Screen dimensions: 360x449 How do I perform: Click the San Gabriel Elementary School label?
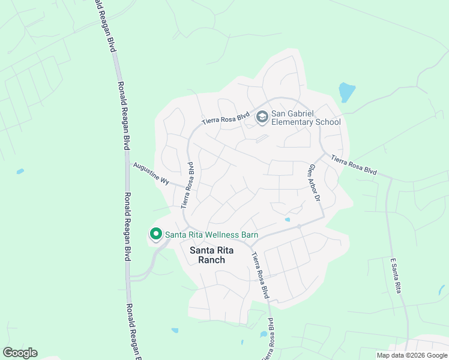pyautogui.click(x=306, y=118)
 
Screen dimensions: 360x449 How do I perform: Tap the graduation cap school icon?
pyautogui.click(x=262, y=117)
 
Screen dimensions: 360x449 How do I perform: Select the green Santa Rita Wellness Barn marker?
pyautogui.click(x=156, y=234)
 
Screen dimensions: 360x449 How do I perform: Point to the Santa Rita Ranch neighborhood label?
pyautogui.click(x=207, y=255)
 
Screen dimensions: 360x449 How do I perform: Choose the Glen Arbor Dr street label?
pyautogui.click(x=315, y=182)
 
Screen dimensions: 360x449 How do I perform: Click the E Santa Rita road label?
pyautogui.click(x=396, y=276)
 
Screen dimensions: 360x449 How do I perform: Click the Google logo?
pyautogui.click(x=20, y=353)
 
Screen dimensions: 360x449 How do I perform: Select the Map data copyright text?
pyautogui.click(x=412, y=355)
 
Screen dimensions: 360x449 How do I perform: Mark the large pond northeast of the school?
pyautogui.click(x=347, y=92)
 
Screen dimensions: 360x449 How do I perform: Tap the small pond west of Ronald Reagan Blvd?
pyautogui.click(x=20, y=172)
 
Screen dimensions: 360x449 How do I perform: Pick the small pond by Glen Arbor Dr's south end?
pyautogui.click(x=288, y=220)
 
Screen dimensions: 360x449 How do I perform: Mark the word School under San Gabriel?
pyautogui.click(x=328, y=122)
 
